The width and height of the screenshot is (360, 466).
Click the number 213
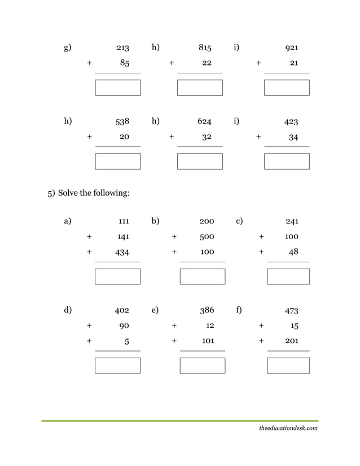click(x=122, y=48)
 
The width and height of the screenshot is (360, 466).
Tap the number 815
click(x=205, y=48)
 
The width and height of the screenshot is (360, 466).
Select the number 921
click(x=292, y=48)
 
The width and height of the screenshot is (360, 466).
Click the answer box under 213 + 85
click(x=118, y=87)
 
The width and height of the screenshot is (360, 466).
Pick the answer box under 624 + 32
click(x=200, y=161)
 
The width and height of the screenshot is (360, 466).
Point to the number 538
click(x=122, y=121)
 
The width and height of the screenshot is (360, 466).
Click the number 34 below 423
click(x=293, y=137)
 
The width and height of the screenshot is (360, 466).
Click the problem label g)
click(x=67, y=47)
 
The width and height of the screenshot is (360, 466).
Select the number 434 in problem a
click(x=122, y=252)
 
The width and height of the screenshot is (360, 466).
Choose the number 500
click(x=207, y=237)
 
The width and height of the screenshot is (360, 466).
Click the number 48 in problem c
click(x=293, y=252)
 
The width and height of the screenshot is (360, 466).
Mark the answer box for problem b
click(x=203, y=276)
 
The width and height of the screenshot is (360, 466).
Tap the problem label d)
click(x=68, y=310)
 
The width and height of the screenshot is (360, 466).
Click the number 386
click(x=207, y=310)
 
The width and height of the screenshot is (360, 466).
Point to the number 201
click(x=292, y=341)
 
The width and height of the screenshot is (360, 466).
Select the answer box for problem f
click(x=288, y=366)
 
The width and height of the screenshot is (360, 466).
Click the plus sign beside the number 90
click(x=89, y=326)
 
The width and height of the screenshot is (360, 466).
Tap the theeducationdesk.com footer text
click(x=288, y=429)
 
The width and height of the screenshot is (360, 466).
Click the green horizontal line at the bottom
click(x=179, y=421)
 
